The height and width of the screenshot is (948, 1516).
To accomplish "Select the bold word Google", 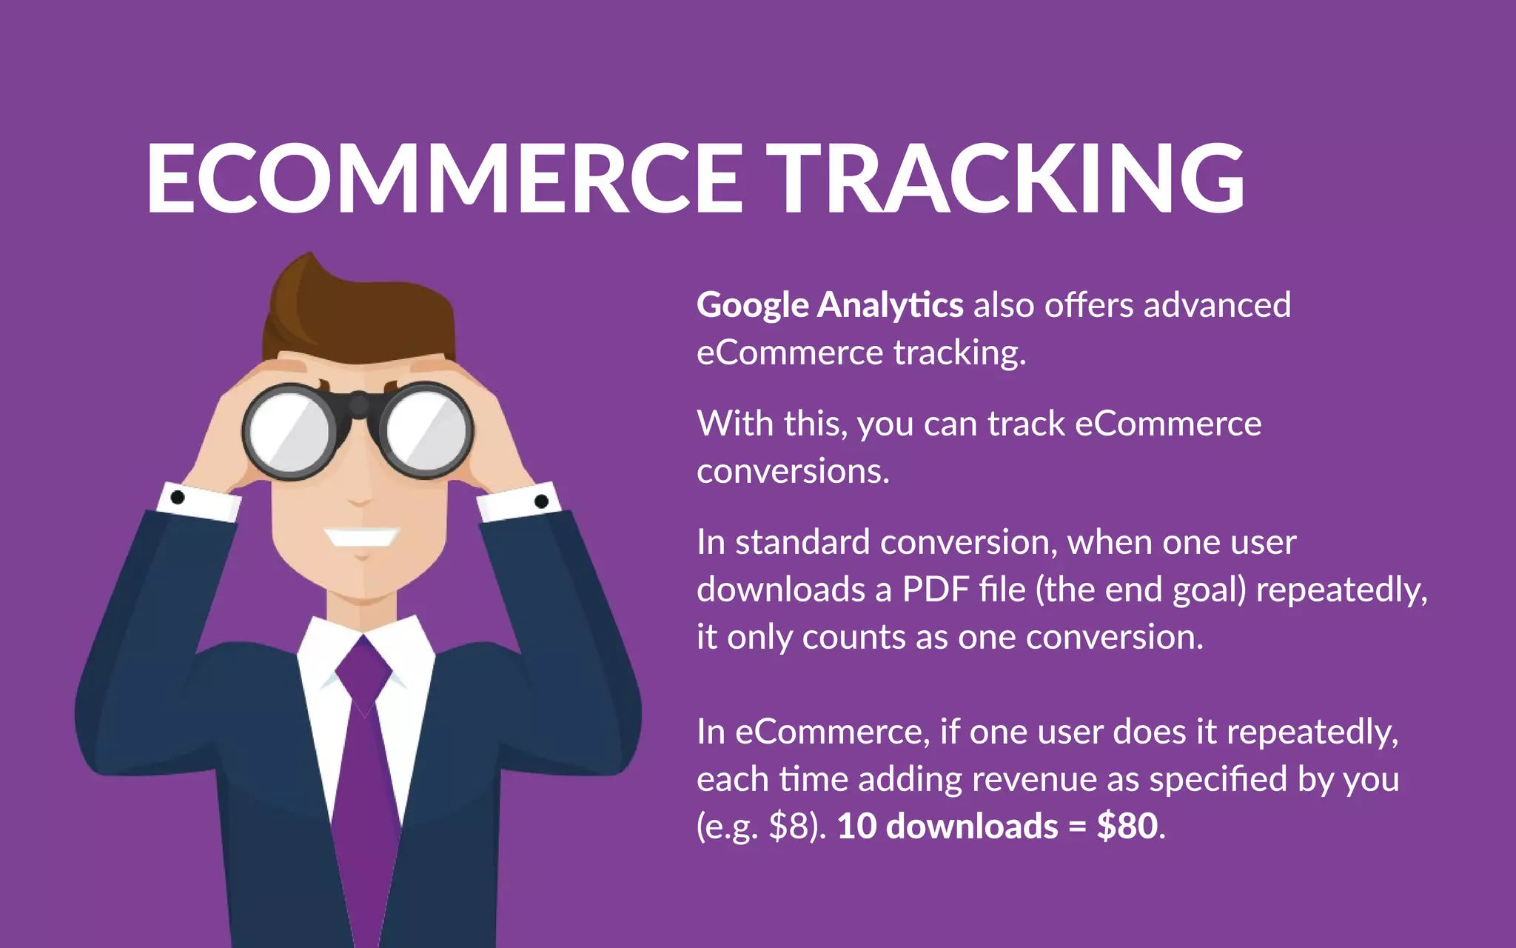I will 753,306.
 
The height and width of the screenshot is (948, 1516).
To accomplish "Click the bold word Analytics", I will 891,305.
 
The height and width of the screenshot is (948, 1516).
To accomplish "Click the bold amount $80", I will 1127,826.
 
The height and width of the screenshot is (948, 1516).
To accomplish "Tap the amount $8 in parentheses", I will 791,827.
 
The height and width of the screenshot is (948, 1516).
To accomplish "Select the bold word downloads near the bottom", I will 972,826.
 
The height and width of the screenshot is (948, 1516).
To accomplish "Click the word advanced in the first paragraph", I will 1217,305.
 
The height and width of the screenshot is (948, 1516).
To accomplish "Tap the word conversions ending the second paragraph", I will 792,471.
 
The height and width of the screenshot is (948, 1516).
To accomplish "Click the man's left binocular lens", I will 289,431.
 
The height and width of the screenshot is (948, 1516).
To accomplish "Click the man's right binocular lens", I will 427,430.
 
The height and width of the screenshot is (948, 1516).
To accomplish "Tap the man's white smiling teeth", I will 361,536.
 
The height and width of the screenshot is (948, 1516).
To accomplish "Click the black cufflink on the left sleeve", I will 178,497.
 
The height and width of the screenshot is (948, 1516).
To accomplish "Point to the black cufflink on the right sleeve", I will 541,501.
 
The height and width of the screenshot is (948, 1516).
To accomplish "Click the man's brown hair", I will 355,311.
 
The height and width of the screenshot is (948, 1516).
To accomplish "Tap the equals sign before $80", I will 1077,827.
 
